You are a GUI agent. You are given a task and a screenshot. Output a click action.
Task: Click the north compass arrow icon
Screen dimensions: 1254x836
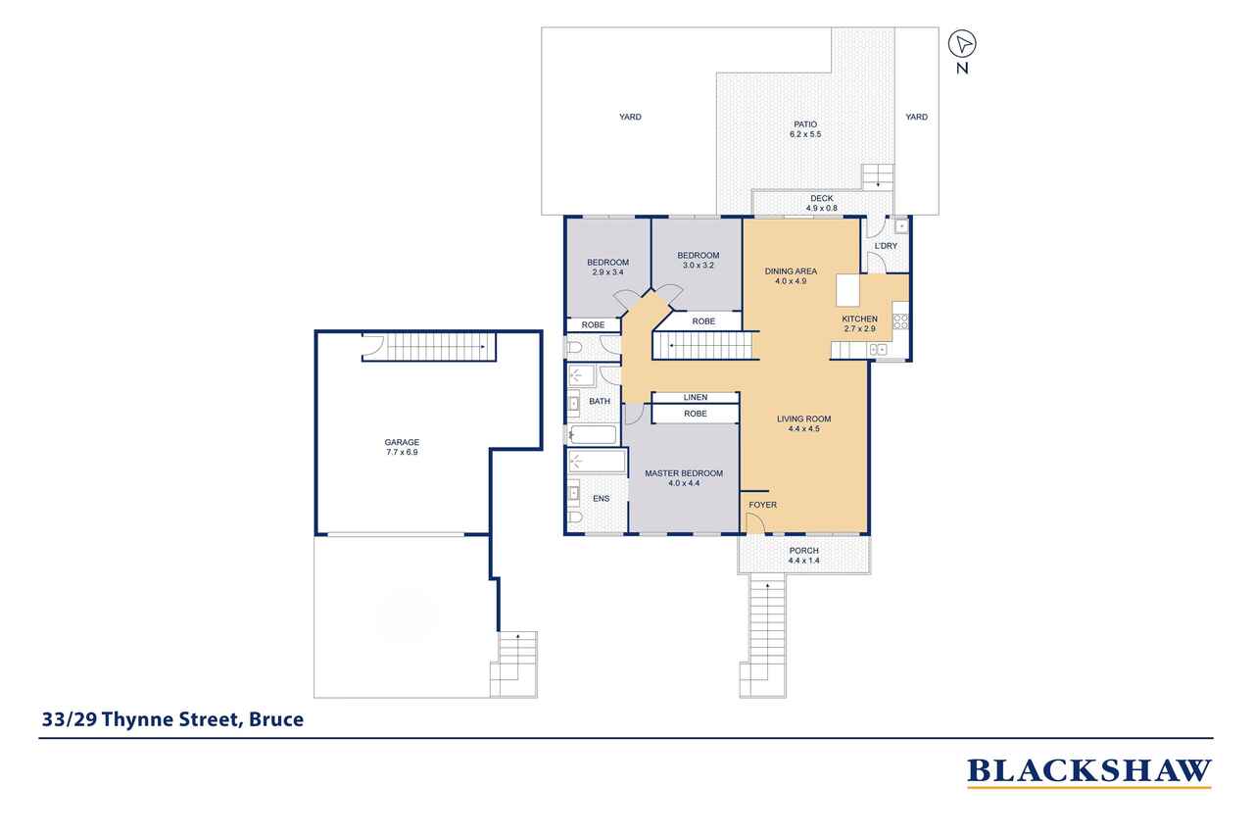coord(962,44)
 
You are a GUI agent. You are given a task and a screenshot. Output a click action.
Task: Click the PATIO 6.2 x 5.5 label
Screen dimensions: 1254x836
coord(805,128)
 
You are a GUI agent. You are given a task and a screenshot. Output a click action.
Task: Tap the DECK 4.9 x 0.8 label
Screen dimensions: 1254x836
coord(822,203)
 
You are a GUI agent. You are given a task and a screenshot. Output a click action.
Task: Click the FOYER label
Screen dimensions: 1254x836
coord(762,505)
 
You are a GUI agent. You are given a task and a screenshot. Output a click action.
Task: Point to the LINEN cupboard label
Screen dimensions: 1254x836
coord(696,397)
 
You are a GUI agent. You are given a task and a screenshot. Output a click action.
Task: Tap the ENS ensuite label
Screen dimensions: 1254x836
coord(602,498)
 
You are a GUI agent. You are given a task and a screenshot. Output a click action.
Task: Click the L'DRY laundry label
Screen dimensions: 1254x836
coord(886,246)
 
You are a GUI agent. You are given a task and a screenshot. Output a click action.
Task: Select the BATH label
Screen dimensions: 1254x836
coord(600,402)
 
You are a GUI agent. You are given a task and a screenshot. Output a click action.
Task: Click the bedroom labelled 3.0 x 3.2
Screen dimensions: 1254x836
coord(699,261)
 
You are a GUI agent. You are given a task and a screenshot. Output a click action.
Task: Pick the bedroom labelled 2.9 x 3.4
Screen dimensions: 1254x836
coord(608,268)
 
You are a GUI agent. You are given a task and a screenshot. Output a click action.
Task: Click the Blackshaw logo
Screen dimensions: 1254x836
coord(1088,772)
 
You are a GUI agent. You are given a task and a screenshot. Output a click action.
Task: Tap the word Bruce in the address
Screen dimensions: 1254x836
coord(276,719)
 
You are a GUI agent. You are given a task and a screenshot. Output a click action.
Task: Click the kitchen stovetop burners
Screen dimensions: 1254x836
coord(900,321)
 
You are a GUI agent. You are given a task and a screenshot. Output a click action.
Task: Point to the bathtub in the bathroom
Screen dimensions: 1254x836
coord(594,434)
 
